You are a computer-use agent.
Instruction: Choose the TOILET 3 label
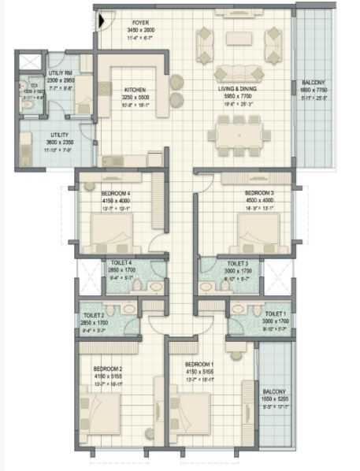point(238,263)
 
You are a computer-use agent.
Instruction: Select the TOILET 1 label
point(276,313)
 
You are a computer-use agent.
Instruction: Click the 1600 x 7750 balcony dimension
point(313,91)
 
